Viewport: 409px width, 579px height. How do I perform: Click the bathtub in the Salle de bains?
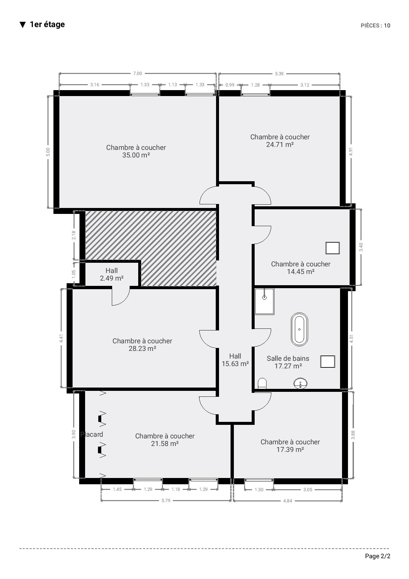299,329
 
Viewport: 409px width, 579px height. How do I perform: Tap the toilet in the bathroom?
262,384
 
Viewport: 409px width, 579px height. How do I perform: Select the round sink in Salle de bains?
300,384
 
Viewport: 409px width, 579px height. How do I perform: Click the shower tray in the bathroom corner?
265,301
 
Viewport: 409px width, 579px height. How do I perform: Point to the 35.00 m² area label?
136,155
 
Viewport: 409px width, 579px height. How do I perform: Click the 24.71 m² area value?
280,145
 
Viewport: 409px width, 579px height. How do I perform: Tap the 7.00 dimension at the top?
138,74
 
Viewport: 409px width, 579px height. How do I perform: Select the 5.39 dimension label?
279,74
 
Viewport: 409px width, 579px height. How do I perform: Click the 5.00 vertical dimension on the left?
48,152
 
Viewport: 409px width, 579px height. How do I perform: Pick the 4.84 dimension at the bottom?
288,501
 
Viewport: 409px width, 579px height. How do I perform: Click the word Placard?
92,434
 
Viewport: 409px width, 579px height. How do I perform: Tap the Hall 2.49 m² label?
111,274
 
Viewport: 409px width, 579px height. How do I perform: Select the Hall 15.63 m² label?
235,360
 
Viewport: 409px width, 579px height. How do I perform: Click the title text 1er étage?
47,24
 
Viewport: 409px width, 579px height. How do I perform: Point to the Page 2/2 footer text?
378,556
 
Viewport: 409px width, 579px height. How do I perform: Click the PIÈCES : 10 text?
375,25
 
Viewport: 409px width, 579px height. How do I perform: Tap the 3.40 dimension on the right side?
361,247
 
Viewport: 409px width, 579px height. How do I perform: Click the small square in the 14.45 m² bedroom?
332,248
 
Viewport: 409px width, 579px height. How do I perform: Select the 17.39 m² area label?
290,450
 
